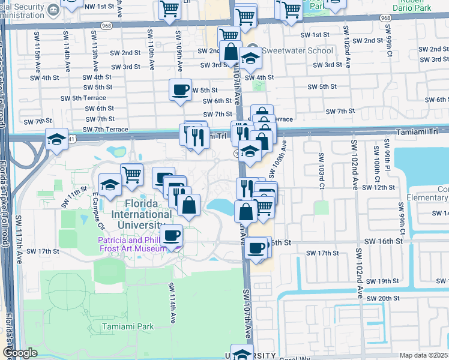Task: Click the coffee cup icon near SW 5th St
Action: point(180,91)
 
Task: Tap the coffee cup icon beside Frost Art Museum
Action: point(172,235)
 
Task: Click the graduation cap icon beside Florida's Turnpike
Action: point(56,140)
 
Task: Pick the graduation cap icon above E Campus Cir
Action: point(110,185)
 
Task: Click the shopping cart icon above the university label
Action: point(131,175)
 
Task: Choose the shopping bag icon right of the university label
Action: point(188,205)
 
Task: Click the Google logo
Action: point(20,353)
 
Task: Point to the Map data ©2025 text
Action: point(423,355)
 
